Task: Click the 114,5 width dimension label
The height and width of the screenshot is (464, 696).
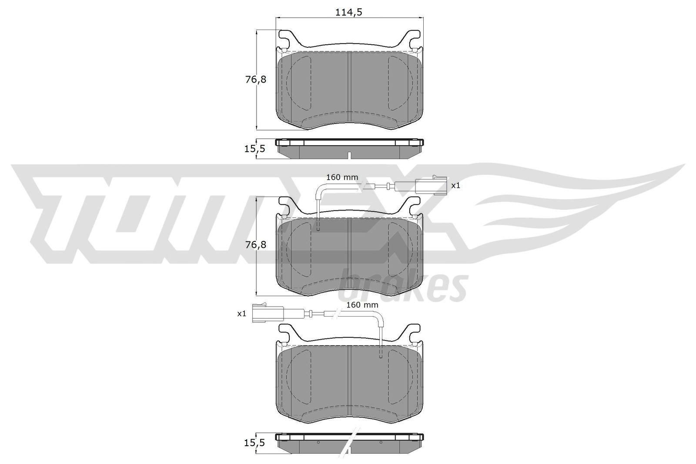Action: tap(349, 12)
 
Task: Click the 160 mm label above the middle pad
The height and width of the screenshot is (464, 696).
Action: tap(342, 177)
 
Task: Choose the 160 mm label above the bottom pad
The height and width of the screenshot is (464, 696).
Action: tap(362, 305)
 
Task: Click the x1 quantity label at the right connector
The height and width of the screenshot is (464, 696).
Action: tap(455, 185)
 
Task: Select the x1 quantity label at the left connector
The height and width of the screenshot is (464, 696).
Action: tap(242, 313)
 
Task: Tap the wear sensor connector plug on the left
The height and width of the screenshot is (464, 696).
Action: tap(269, 314)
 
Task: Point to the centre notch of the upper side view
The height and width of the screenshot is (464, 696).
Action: tap(349, 155)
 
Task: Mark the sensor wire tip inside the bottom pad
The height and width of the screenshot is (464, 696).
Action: tap(381, 356)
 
